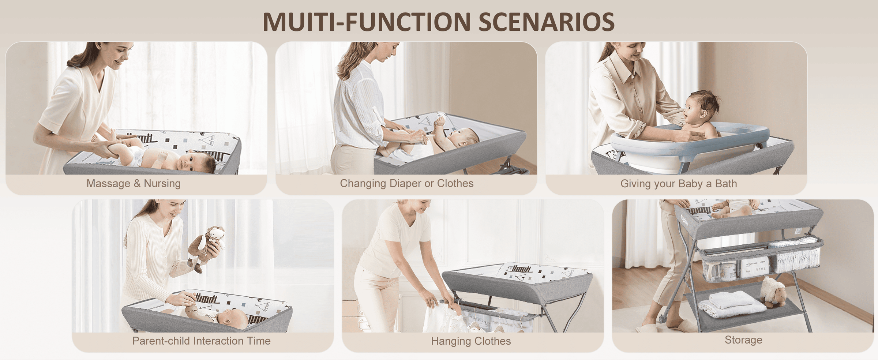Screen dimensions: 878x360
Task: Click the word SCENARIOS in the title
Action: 547,22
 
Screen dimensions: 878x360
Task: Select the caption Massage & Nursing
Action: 134,183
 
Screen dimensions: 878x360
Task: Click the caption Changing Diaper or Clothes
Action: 406,183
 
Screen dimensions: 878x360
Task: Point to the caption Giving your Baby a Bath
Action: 679,184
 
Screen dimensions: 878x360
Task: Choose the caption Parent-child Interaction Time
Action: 202,341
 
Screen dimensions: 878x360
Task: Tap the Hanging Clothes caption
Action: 471,341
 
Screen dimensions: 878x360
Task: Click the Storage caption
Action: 744,340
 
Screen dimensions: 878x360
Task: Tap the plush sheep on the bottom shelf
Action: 773,291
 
